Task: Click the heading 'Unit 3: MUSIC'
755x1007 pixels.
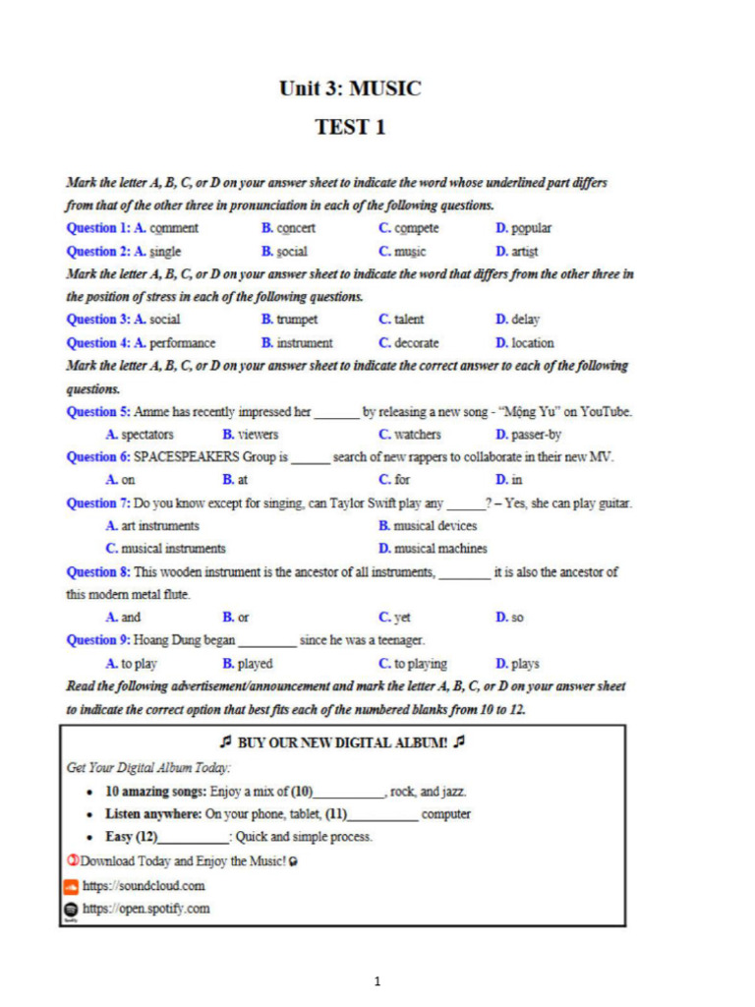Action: [350, 89]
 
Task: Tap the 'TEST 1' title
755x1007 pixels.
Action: [350, 127]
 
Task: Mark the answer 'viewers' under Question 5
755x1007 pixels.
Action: [258, 434]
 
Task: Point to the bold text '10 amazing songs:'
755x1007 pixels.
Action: [156, 792]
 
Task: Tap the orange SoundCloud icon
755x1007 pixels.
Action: [71, 886]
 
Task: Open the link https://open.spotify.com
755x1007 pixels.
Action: [145, 909]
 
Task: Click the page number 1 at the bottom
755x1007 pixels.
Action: [377, 980]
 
